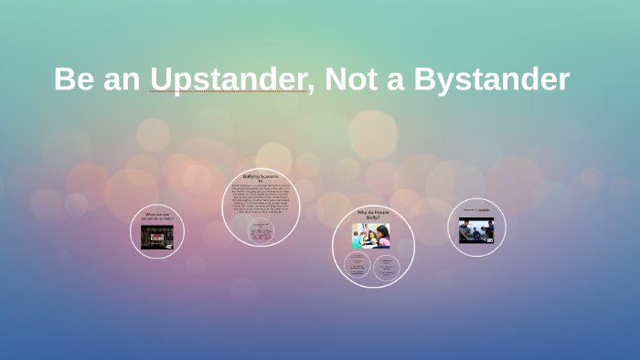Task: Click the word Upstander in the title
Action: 228,79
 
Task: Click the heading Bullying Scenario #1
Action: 261,178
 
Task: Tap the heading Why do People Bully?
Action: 372,217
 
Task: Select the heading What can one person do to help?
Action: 157,218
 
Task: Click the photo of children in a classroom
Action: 371,236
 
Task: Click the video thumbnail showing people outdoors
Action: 476,228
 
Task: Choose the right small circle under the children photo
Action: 386,266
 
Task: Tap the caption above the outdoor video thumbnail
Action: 475,210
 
